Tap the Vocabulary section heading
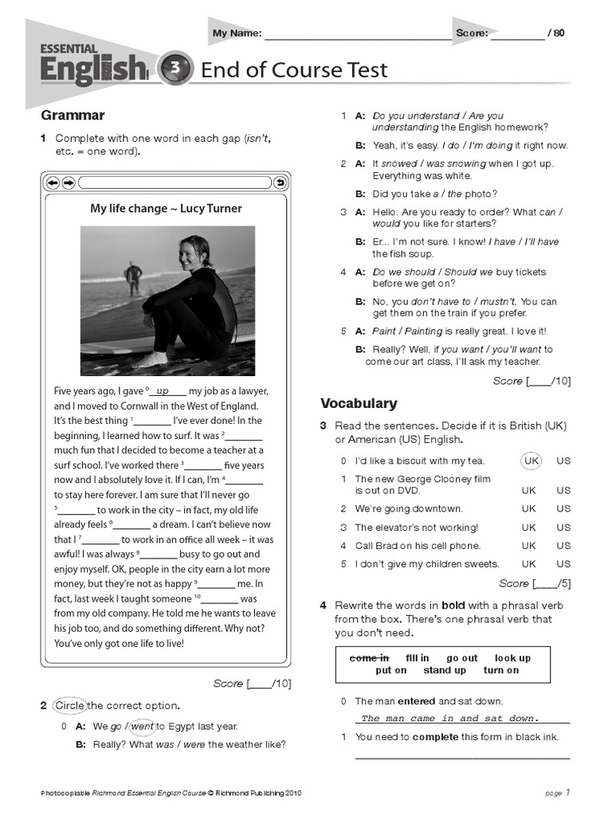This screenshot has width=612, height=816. point(358,403)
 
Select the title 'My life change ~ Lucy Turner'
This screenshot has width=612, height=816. point(166,209)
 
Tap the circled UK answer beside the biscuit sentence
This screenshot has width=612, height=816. point(531,461)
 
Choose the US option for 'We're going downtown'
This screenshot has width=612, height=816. point(563,508)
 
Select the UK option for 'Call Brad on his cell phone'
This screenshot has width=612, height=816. point(528,546)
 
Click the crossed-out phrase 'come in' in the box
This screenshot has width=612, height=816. point(369,658)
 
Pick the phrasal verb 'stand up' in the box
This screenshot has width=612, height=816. point(444,671)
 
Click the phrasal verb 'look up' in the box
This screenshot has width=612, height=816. point(512,658)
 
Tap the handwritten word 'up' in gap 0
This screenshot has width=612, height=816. point(163,390)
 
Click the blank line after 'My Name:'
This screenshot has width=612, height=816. point(356,33)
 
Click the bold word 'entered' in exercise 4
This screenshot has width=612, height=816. point(417,701)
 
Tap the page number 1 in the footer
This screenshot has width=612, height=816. point(568,793)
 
